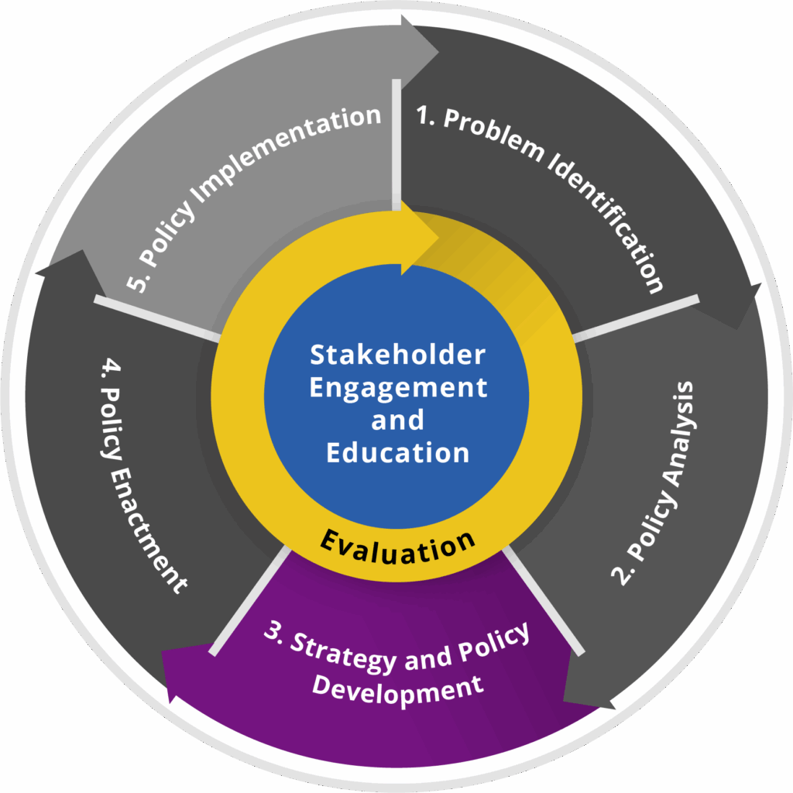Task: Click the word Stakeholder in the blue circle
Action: click(x=397, y=355)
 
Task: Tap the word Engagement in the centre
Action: click(x=398, y=387)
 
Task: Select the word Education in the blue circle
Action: click(x=397, y=451)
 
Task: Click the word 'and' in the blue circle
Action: click(x=397, y=420)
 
